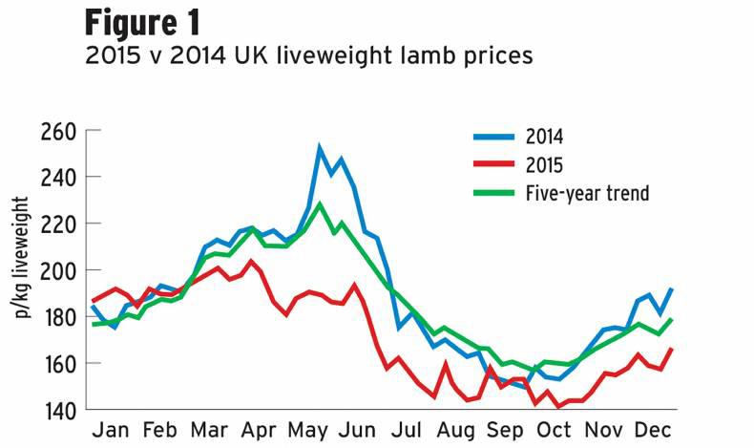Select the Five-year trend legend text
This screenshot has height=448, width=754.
(x=587, y=194)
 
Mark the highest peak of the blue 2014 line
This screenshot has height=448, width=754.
(x=320, y=148)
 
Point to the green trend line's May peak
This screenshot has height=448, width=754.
(x=320, y=203)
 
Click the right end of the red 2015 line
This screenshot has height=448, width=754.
(x=672, y=349)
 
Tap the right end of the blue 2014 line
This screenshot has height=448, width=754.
(x=672, y=288)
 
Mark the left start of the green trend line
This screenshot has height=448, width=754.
(x=92, y=325)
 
